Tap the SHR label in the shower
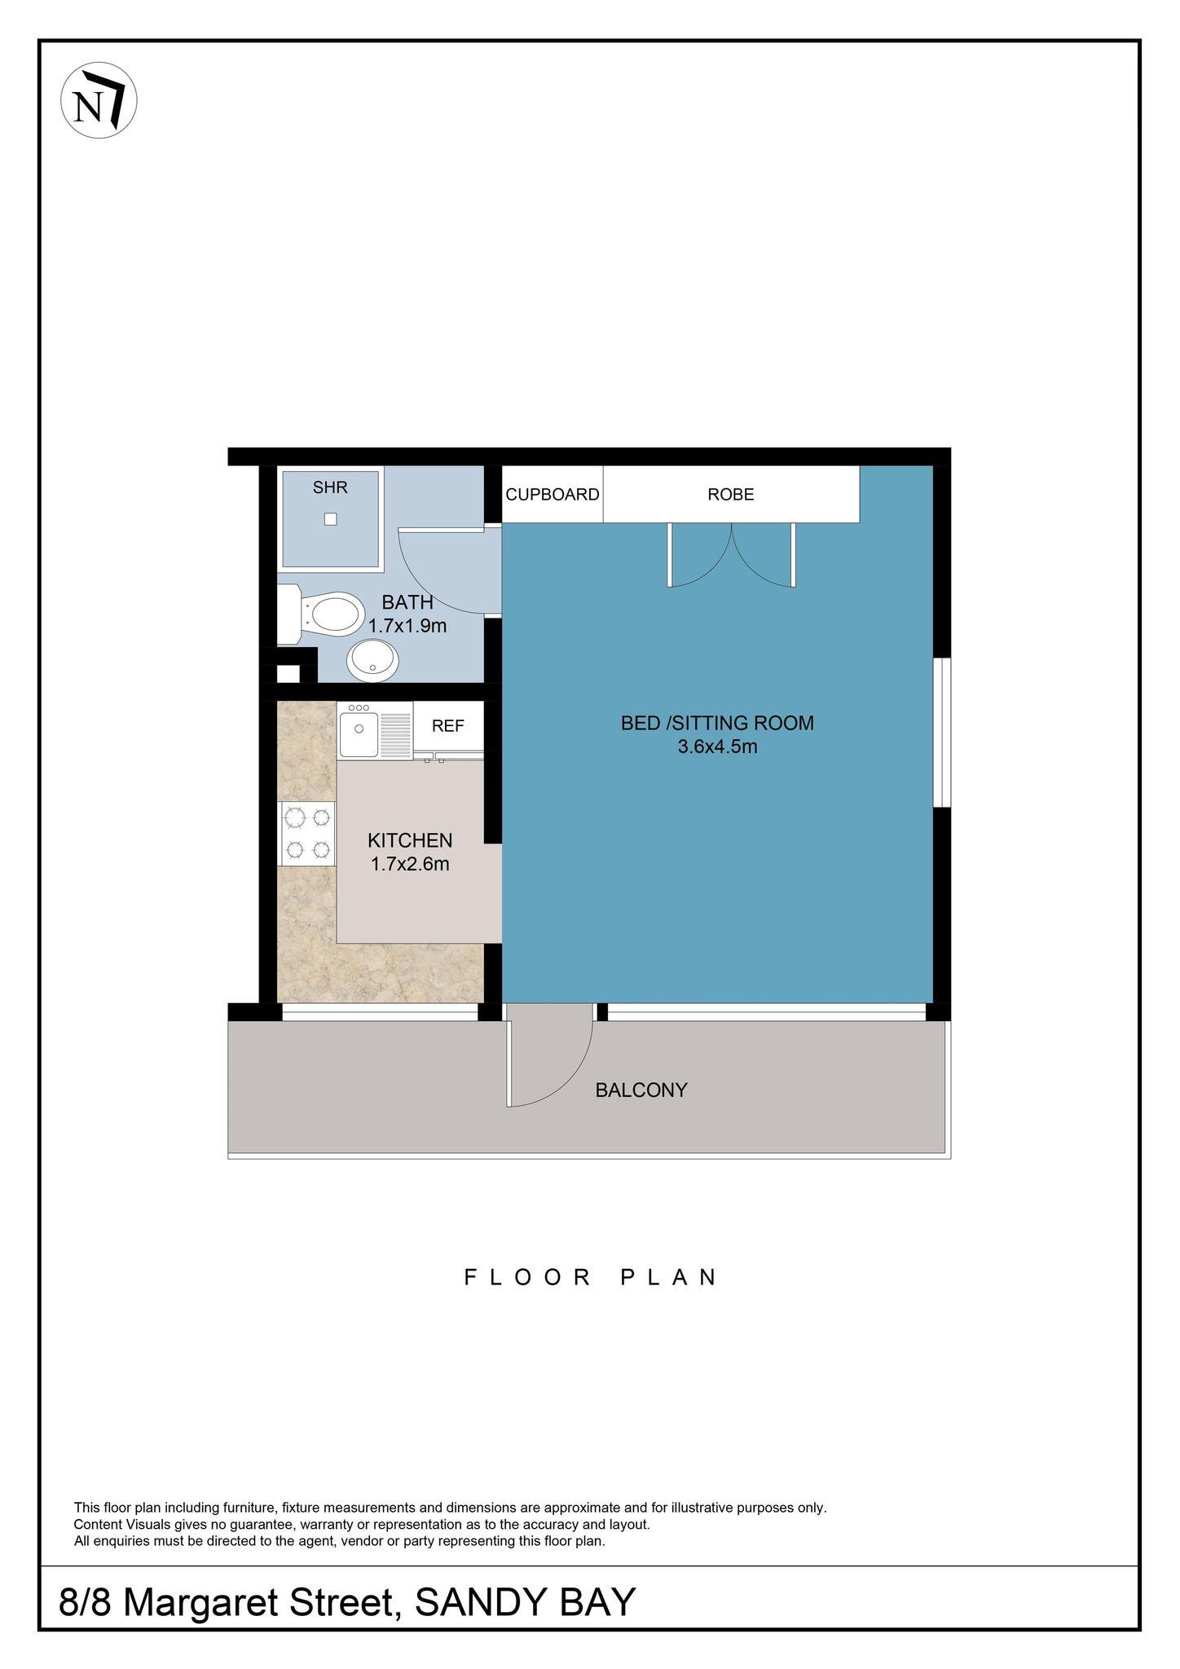[330, 487]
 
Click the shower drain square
[330, 518]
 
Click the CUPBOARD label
[553, 494]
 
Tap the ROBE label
[731, 494]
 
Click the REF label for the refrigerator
[447, 725]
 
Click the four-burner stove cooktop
[307, 833]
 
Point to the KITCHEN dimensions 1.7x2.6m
[410, 864]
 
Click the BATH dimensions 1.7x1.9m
[407, 626]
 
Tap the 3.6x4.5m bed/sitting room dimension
[717, 746]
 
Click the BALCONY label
[641, 1090]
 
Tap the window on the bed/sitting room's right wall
[942, 732]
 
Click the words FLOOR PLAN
[591, 1276]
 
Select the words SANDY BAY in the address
[525, 1602]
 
